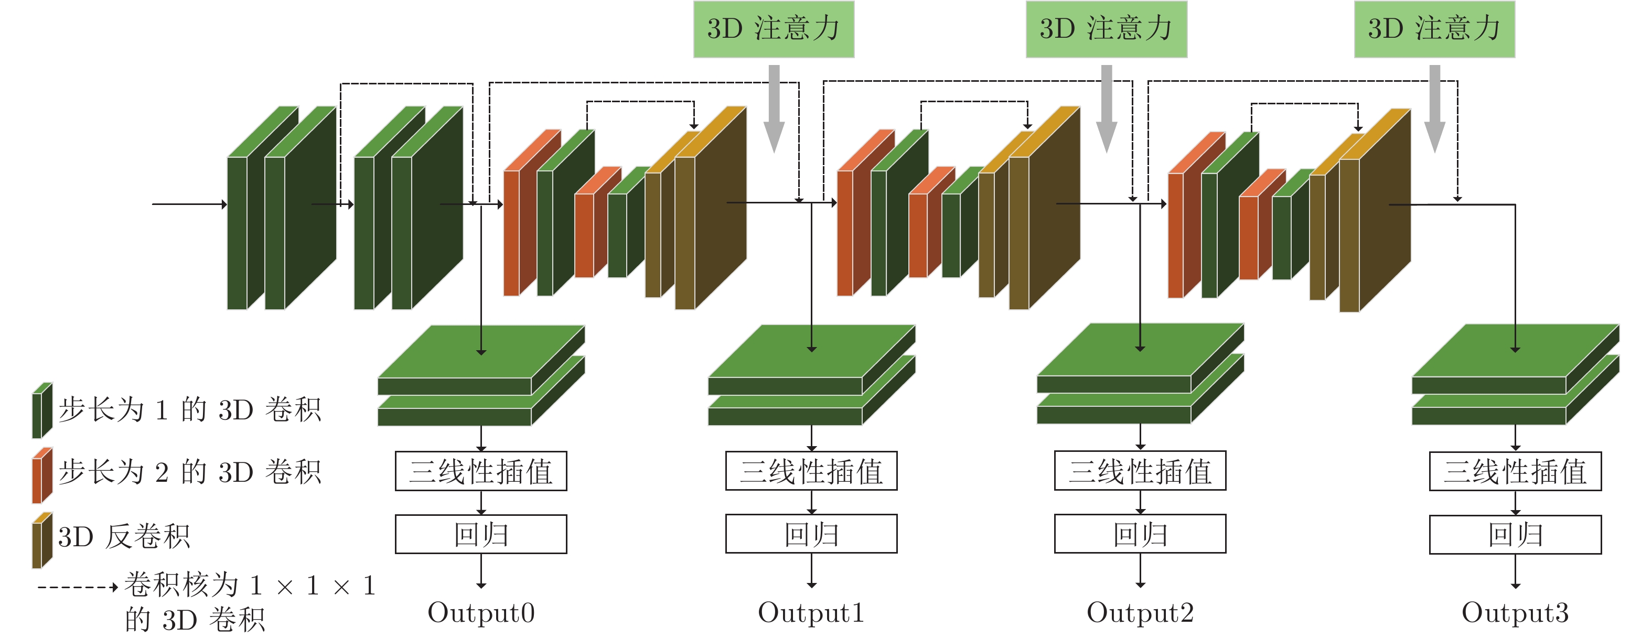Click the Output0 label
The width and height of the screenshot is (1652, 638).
coord(481,613)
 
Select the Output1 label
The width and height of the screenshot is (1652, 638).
coord(811,613)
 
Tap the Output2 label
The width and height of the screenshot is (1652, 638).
coord(1140,613)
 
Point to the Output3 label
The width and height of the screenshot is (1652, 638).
coord(1515,613)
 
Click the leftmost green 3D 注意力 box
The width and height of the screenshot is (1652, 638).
coord(774,29)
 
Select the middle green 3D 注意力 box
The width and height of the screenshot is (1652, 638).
coord(1106,29)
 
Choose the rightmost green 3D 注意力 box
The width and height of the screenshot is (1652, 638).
coord(1434,29)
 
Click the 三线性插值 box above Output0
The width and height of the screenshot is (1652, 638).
coord(481,471)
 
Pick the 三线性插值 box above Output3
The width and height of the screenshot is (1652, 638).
coord(1515,471)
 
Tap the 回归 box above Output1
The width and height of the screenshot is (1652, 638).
coord(811,534)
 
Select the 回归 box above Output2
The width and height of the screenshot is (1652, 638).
coord(1140,534)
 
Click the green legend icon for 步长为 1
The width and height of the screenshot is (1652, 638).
coord(42,410)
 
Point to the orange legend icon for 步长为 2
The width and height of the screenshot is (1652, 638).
coord(42,475)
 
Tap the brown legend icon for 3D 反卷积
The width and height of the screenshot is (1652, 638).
coord(42,540)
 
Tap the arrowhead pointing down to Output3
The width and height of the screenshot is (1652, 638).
coord(1515,584)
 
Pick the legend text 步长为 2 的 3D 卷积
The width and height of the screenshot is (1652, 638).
coord(189,472)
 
